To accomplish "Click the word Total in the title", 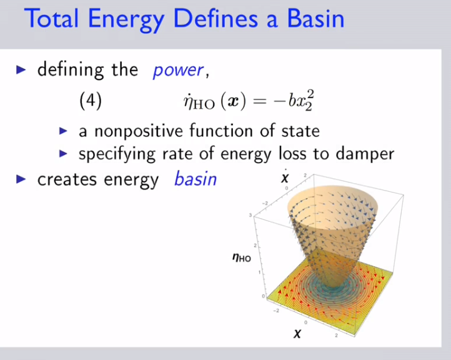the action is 51,19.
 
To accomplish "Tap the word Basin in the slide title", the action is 315,19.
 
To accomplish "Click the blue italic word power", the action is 178,71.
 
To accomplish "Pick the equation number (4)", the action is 91,101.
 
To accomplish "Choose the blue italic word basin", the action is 196,179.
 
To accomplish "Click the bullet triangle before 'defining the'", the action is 21,69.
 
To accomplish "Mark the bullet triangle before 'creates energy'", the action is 21,179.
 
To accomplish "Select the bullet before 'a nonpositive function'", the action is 63,131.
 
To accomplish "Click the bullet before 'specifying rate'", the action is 63,154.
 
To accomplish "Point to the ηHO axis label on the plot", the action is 242,257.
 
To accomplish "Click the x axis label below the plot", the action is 297,333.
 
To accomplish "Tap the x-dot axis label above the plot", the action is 285,177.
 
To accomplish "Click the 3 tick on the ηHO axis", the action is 250,215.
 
